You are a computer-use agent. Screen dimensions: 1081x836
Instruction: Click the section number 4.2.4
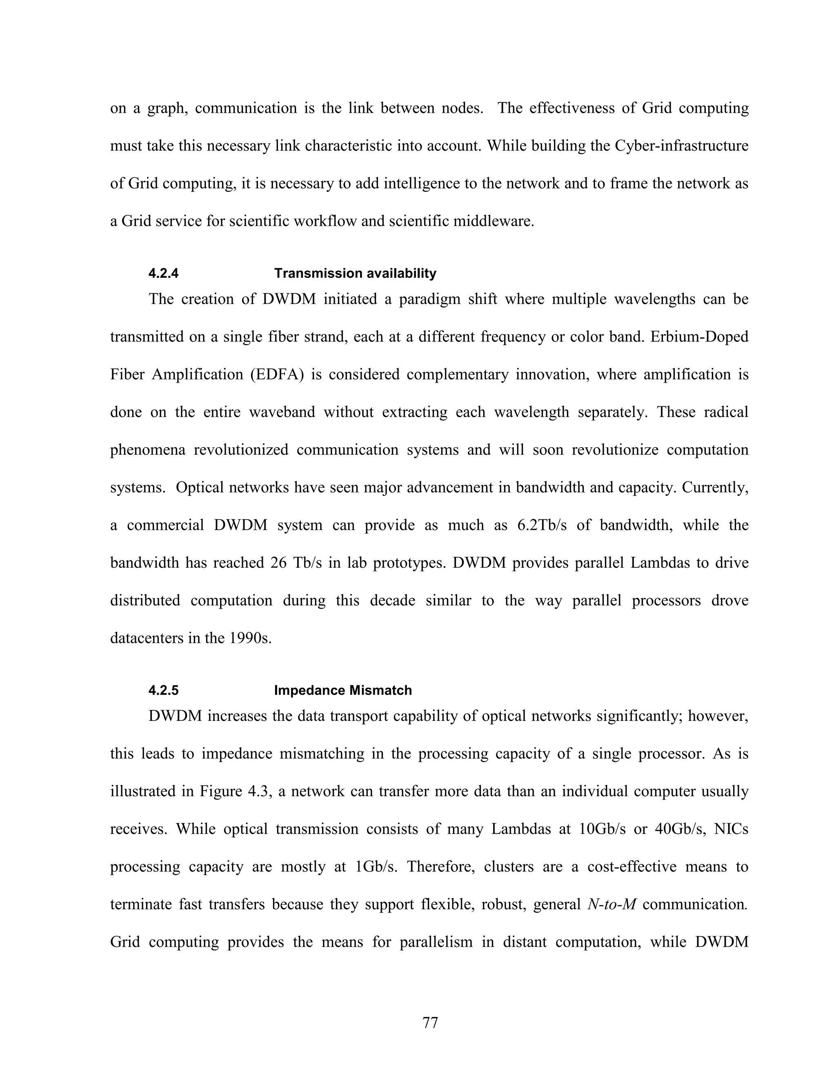pos(163,273)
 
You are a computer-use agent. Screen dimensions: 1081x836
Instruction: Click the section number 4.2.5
pos(163,691)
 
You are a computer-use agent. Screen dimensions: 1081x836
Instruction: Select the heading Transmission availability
pos(355,273)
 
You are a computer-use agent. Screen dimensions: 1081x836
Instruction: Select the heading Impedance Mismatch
pos(343,691)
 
